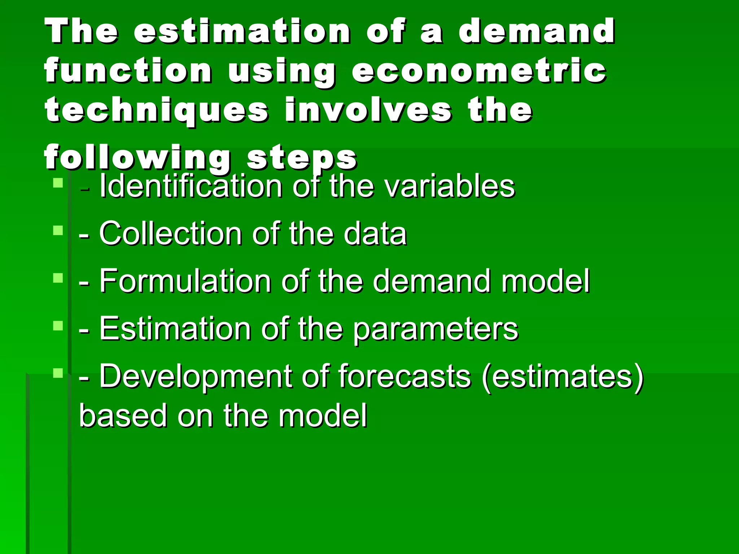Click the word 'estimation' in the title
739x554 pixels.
[241, 31]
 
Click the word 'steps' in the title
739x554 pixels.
[302, 158]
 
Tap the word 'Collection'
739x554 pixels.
[170, 234]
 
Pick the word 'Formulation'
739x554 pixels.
[185, 281]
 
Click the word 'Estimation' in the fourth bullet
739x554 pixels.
[175, 329]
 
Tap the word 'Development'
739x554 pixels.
[195, 377]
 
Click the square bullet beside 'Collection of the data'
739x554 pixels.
[58, 230]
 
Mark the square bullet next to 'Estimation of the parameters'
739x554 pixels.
[58, 326]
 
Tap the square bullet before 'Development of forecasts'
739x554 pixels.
[58, 373]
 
